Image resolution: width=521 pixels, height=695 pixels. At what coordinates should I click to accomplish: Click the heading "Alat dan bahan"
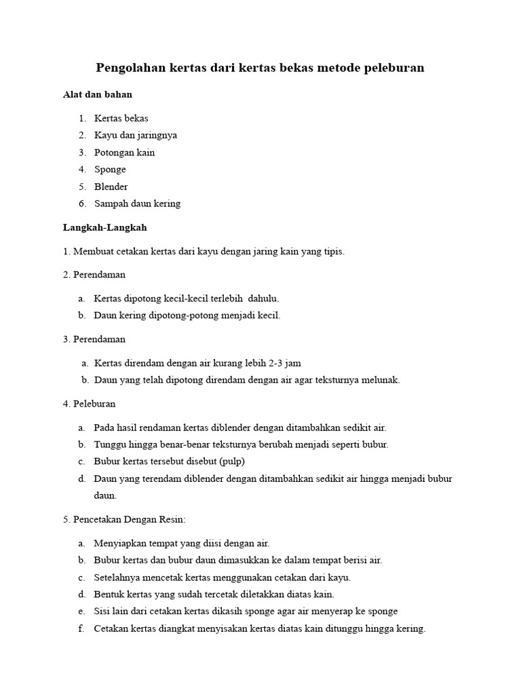(98, 94)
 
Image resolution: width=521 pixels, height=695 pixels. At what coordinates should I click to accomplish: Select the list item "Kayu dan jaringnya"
(136, 135)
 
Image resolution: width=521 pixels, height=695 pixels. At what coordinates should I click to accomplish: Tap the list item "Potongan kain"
(124, 152)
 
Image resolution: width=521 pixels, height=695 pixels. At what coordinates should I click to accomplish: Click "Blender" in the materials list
(111, 186)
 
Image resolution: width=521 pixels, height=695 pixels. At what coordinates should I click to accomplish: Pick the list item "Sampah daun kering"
(137, 203)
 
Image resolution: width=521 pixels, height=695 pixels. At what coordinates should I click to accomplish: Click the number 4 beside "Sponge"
(81, 169)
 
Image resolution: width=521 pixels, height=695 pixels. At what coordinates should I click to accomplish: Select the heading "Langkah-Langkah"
(104, 227)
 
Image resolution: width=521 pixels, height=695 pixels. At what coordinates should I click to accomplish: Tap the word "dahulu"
(263, 298)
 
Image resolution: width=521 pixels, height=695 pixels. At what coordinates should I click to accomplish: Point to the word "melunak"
(381, 380)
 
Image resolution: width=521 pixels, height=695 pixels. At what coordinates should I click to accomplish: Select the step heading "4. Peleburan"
(89, 404)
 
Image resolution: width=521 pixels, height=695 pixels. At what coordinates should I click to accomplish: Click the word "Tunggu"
(109, 445)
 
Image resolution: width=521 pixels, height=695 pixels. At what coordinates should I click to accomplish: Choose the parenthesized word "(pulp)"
(231, 462)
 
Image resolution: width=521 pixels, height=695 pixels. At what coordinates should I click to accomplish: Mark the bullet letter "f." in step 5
(81, 628)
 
